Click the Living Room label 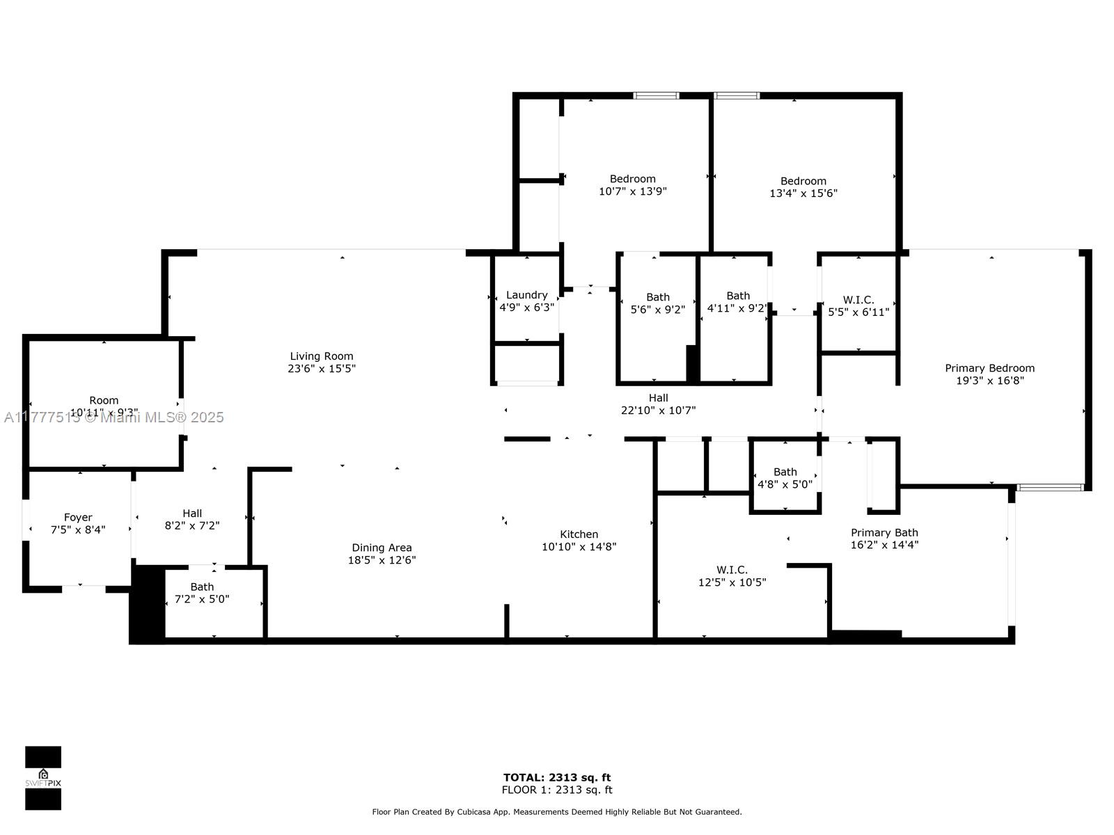coord(322,356)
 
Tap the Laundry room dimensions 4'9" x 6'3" coord(527,307)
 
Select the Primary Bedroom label coord(989,368)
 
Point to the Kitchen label coord(579,534)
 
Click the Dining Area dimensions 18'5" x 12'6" coord(382,560)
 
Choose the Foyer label coord(78,518)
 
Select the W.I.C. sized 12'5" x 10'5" coord(732,576)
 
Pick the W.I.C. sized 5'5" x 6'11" coord(858,306)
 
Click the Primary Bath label coord(884,533)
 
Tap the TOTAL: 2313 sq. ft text coord(557,777)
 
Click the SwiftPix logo coord(43,778)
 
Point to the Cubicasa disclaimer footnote coord(557,812)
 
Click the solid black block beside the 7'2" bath coord(148,604)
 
